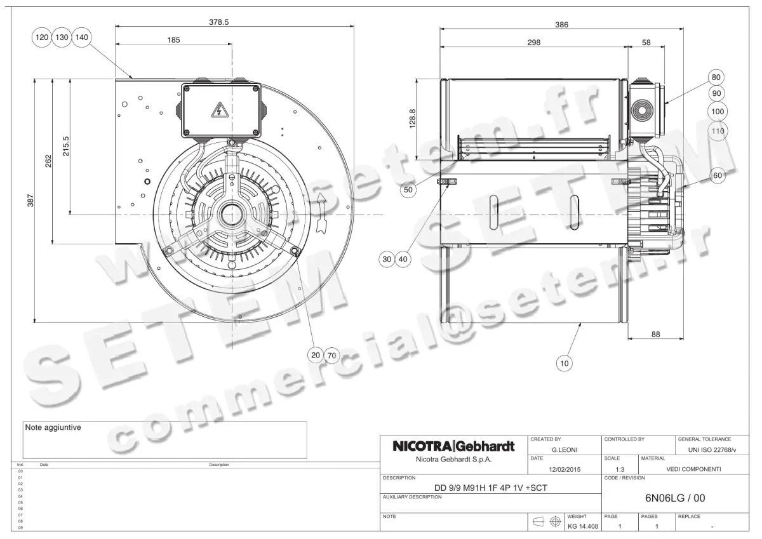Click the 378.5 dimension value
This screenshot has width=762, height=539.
(218, 21)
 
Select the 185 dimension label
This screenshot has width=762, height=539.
(173, 39)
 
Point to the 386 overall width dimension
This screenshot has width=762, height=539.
(561, 25)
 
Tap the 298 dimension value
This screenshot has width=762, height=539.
(533, 43)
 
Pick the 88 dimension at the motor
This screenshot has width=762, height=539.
(656, 334)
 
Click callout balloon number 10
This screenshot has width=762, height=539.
(564, 363)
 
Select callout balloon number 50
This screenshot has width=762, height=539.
(409, 189)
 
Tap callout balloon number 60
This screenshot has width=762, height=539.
(718, 176)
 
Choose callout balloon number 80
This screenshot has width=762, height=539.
(717, 77)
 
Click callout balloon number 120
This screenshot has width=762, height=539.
(41, 37)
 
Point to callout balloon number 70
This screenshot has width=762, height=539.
(331, 356)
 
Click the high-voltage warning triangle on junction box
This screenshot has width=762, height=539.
(220, 111)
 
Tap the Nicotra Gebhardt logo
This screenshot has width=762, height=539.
(453, 446)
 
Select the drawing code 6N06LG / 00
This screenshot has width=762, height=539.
(674, 498)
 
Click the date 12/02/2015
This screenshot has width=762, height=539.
(565, 470)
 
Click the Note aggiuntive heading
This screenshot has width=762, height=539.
(53, 427)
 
